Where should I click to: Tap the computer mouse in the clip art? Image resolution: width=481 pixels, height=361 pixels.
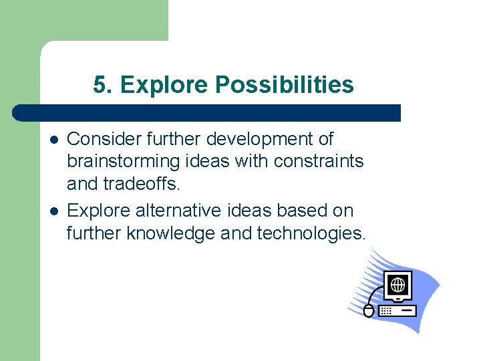pyautogui.click(x=369, y=310)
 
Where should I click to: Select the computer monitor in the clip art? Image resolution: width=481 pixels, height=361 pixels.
pyautogui.click(x=398, y=287)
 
